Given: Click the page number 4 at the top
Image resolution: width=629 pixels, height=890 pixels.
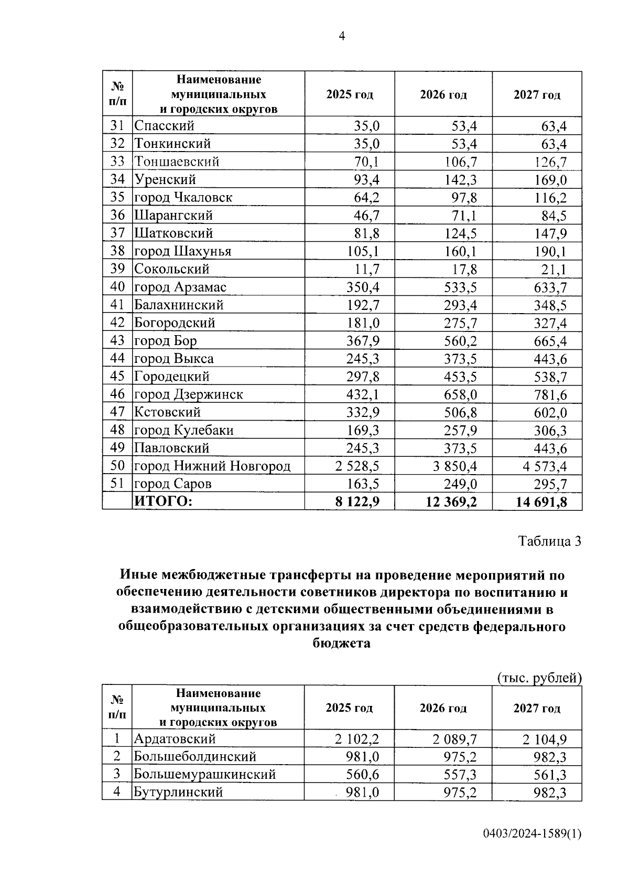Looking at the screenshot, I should pyautogui.click(x=342, y=36).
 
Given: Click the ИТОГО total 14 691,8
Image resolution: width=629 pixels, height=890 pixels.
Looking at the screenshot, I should pyautogui.click(x=541, y=502).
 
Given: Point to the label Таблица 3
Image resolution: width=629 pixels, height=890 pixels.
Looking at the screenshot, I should pyautogui.click(x=549, y=541).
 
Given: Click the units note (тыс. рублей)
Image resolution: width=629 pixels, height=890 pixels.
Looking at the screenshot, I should pyautogui.click(x=539, y=678).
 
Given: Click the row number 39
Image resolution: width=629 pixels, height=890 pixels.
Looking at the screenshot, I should pyautogui.click(x=117, y=269).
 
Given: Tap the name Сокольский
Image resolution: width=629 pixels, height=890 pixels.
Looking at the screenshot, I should pyautogui.click(x=171, y=269).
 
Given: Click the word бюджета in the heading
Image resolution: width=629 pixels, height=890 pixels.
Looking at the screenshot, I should pyautogui.click(x=342, y=644).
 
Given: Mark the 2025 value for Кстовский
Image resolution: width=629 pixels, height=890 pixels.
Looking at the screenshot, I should pyautogui.click(x=363, y=413).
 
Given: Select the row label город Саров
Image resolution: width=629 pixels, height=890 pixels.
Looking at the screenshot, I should pyautogui.click(x=173, y=484).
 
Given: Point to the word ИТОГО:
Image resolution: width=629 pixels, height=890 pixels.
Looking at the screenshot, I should pyautogui.click(x=164, y=502).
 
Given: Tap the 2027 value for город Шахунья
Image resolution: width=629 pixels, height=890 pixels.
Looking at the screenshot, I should pyautogui.click(x=550, y=252).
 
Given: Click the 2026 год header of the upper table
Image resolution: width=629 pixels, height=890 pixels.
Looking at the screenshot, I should pyautogui.click(x=443, y=95).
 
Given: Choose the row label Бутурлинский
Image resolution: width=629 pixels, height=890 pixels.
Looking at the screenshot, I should pyautogui.click(x=178, y=792).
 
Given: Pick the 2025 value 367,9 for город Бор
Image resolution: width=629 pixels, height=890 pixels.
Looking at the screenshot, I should pyautogui.click(x=363, y=341).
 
